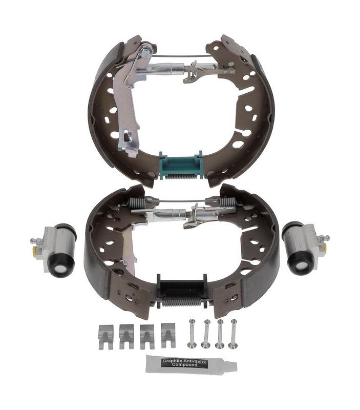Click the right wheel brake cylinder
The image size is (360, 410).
304,247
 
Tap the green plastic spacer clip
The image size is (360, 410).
181,165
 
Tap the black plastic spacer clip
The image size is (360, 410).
182,287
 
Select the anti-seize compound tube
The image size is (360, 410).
191,364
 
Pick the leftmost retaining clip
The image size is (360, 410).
106,337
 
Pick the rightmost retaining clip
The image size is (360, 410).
168,336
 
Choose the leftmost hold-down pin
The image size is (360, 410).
192,334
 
